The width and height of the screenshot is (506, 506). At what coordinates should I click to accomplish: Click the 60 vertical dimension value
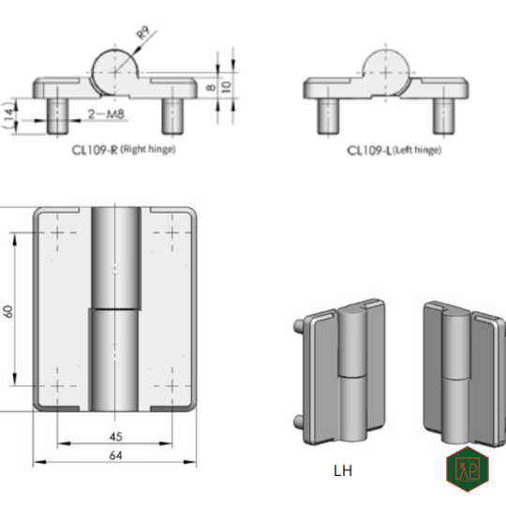click(x=8, y=310)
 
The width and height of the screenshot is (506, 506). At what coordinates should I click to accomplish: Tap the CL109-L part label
click(x=368, y=150)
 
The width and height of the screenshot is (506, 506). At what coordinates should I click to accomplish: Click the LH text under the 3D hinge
click(x=342, y=470)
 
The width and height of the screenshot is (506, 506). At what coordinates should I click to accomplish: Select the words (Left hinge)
click(x=417, y=150)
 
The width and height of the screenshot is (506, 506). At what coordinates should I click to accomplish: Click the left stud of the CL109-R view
click(x=56, y=114)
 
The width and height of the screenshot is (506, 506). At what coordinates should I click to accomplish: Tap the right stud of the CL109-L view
click(x=440, y=115)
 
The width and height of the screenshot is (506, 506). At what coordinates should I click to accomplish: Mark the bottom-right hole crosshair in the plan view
click(x=171, y=386)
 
